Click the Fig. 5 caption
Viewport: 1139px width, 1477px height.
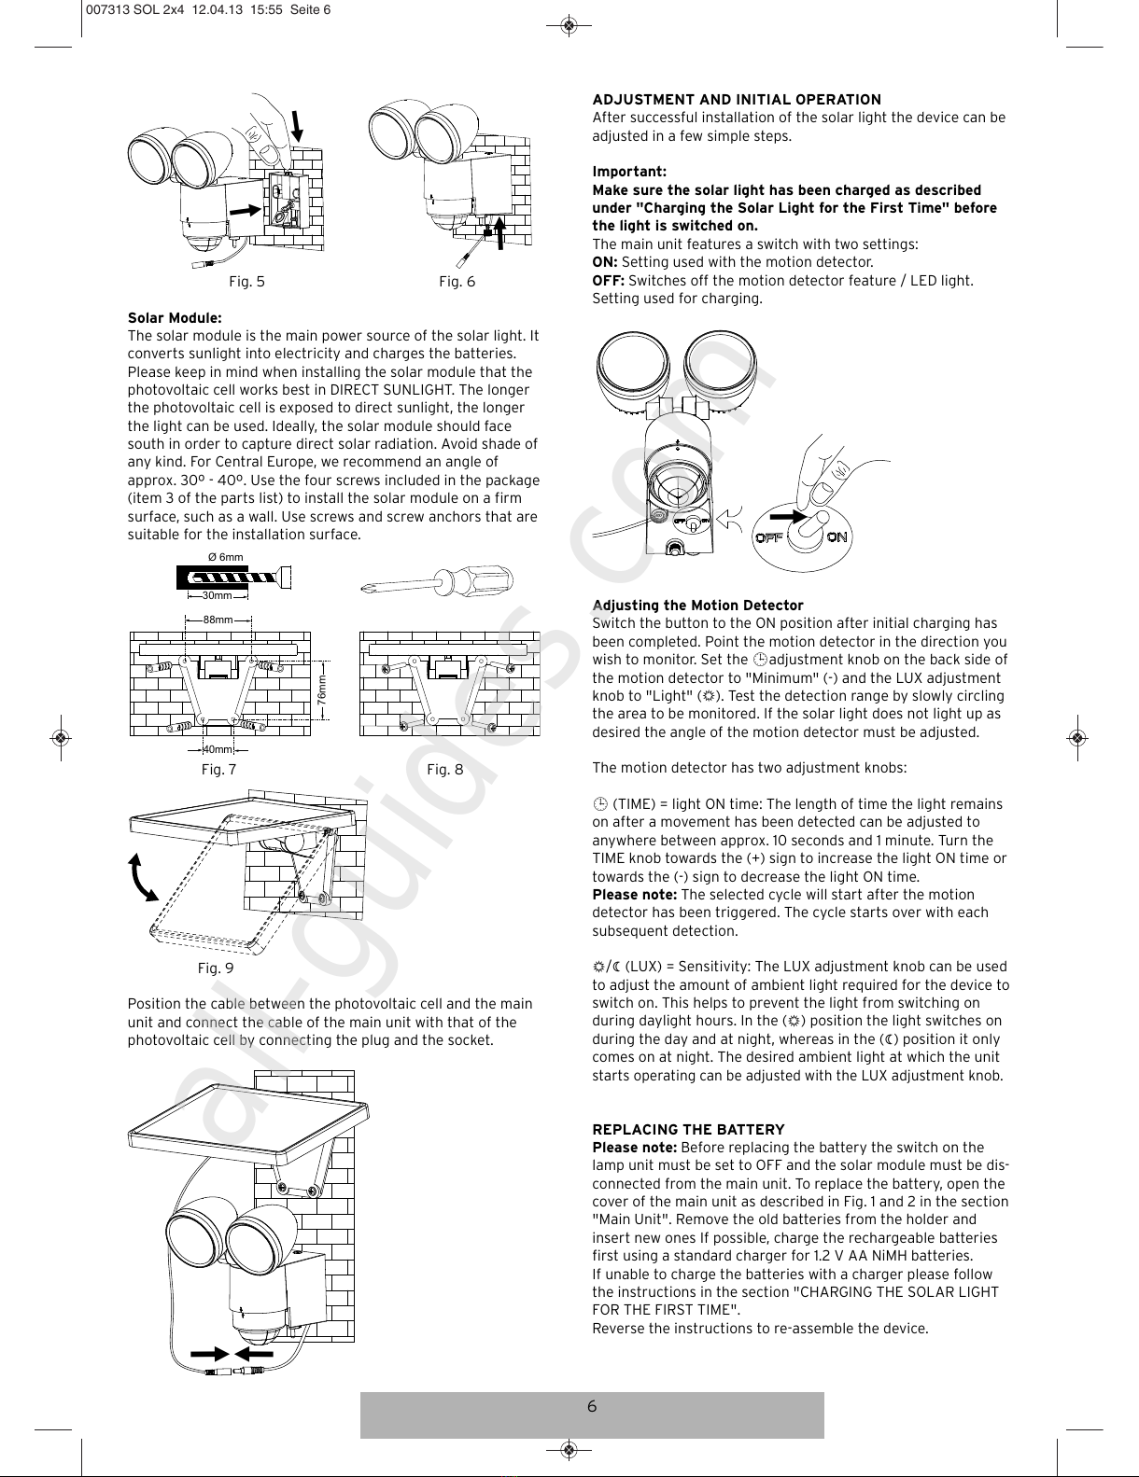(x=246, y=282)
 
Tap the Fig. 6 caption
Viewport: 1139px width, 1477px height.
(x=457, y=282)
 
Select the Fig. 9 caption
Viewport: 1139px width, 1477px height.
(x=216, y=968)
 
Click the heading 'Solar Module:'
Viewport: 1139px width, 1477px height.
(x=175, y=318)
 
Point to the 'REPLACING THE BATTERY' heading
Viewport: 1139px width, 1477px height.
(x=688, y=1130)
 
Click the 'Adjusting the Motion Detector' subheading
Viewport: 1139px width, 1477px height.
(x=697, y=606)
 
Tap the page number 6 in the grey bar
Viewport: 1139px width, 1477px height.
(x=592, y=1407)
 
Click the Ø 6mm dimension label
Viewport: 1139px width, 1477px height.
(x=226, y=557)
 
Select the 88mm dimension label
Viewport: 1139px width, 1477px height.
(x=218, y=620)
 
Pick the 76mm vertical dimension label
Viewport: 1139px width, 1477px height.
(x=322, y=690)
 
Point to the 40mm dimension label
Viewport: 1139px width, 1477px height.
(x=218, y=750)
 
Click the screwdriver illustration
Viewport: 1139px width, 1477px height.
(x=437, y=581)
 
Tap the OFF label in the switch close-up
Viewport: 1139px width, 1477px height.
(x=768, y=537)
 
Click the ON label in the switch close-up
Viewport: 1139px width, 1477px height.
(x=837, y=537)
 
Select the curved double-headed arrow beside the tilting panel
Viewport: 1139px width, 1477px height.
(x=142, y=877)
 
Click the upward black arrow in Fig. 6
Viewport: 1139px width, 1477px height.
(x=500, y=232)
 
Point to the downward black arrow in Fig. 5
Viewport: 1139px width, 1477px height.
(x=297, y=126)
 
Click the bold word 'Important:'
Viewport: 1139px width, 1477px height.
(x=629, y=172)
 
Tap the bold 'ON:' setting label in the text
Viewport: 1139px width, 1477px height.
(x=605, y=262)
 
